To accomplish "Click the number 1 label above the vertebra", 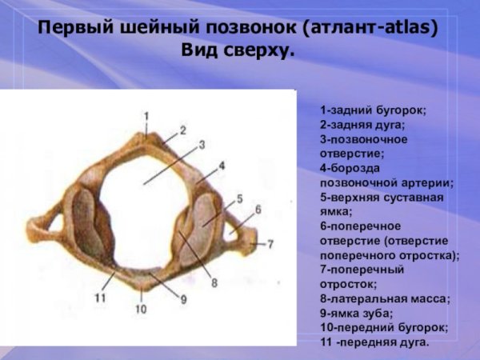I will (146, 115).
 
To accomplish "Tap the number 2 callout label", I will (182, 130).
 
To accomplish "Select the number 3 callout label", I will (202, 144).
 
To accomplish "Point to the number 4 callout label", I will (222, 165).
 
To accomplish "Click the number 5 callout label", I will (239, 198).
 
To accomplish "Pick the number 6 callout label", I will (258, 210).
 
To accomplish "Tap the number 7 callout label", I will (270, 242).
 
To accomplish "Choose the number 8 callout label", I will (214, 282).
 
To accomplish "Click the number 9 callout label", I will (183, 299).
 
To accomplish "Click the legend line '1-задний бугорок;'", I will (373, 110).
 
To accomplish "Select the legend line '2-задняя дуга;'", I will (362, 125).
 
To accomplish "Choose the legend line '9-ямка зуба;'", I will (356, 313).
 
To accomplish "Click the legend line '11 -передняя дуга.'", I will (374, 342).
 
